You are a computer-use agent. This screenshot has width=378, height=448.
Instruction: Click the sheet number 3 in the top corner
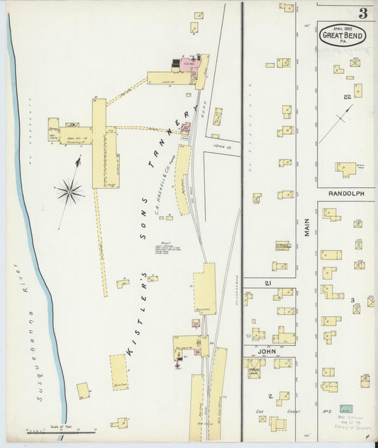pyautogui.click(x=362, y=13)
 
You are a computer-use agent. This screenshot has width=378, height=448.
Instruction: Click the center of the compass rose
pyautogui.click(x=70, y=189)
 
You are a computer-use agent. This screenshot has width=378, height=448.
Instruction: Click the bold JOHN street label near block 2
pyautogui.click(x=267, y=350)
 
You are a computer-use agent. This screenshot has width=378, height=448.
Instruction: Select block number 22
pyautogui.click(x=347, y=96)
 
